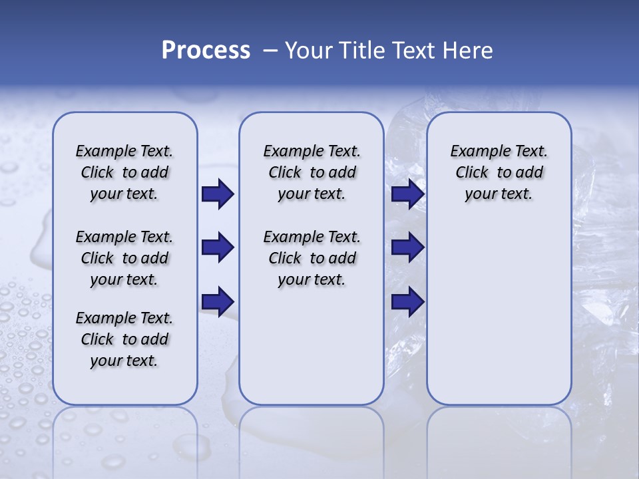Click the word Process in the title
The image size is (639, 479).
(206, 51)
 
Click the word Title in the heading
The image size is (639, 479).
(363, 51)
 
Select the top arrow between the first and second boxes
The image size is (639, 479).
(218, 194)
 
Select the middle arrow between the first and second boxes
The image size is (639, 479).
(218, 247)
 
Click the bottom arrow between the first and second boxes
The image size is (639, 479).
(218, 301)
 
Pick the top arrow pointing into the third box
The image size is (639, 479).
(407, 194)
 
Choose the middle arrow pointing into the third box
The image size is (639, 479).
(407, 247)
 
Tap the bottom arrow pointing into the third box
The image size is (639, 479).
(407, 301)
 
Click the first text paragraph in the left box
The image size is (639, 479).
(124, 173)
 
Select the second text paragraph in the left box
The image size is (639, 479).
(124, 258)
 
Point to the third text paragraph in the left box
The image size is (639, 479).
(124, 339)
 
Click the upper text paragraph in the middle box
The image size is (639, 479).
(312, 173)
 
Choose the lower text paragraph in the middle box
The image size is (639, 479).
(312, 258)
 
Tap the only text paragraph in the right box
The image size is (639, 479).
(499, 173)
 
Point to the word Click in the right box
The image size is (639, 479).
(472, 173)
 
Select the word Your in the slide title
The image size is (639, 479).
(308, 51)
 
